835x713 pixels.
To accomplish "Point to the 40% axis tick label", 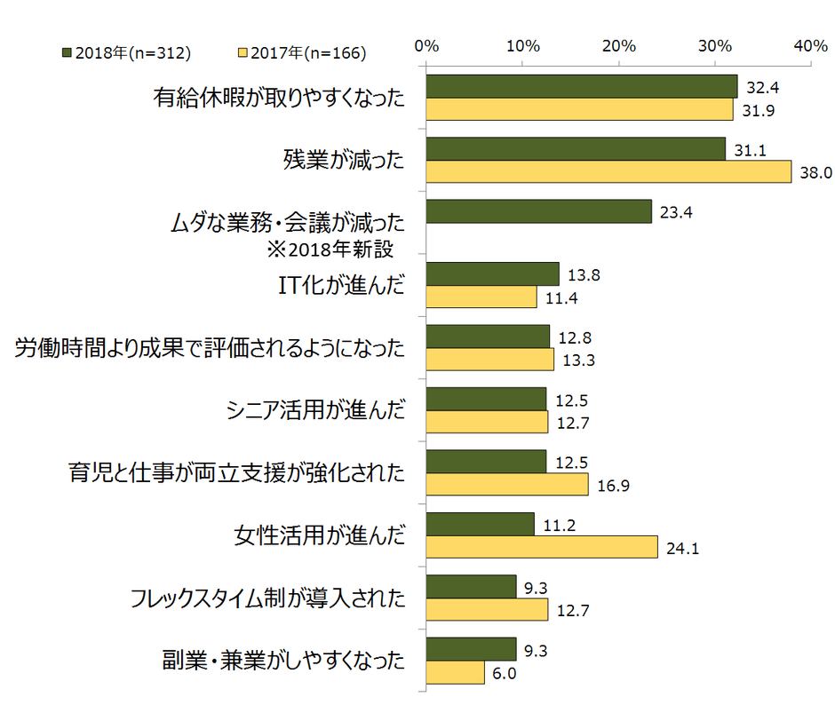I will point(812,45).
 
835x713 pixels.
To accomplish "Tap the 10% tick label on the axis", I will point(523,45).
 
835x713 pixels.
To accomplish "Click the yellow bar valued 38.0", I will point(608,171).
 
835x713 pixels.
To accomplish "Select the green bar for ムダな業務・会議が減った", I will point(538,211).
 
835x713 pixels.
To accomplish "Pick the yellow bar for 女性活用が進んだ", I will point(542,546).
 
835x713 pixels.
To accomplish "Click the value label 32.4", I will point(759,87).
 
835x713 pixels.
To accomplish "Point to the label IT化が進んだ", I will point(341,285).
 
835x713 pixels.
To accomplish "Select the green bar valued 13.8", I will point(492,273).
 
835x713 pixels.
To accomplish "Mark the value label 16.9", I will point(610,485).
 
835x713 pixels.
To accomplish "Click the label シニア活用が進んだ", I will point(316,410).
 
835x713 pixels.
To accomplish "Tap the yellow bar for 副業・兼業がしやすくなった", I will point(455,672).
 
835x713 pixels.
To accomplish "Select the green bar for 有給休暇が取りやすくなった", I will point(582,86).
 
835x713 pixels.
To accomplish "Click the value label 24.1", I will point(680,548).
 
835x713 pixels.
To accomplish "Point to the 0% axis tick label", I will point(427,45).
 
